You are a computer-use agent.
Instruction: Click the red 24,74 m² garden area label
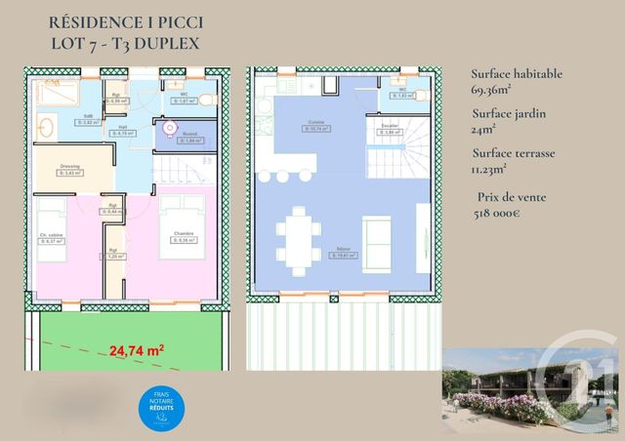point(136,349)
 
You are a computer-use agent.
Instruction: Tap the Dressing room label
point(69,167)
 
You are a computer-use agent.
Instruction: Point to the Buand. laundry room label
point(189,135)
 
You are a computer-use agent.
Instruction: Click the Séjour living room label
point(344,250)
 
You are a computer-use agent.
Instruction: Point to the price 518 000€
point(510,214)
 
